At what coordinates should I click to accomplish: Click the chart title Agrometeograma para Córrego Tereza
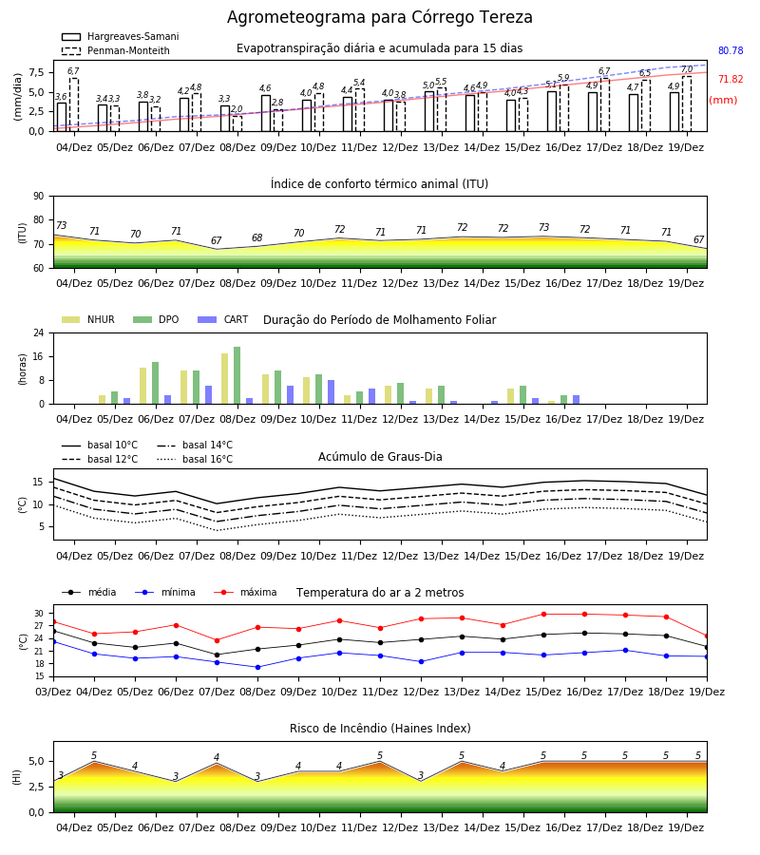point(379,17)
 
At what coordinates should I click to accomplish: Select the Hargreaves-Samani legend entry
point(120,36)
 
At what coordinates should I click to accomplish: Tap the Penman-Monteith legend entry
point(116,50)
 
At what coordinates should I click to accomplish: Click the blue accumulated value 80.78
point(731,50)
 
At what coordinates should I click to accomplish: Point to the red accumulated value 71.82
point(731,79)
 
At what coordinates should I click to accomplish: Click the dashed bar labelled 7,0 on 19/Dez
point(687,104)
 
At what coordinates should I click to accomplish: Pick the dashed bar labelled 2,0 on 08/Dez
point(237,123)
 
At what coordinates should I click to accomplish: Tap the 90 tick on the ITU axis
point(39,197)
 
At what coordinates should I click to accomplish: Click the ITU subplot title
point(379,183)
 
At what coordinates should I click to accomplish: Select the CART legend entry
point(223,319)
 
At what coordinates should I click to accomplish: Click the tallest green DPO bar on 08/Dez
point(237,375)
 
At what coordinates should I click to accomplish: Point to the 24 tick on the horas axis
point(39,332)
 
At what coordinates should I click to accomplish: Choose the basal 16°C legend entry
point(195,459)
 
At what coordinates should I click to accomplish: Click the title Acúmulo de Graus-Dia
point(380,456)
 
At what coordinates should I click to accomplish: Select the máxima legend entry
point(245,592)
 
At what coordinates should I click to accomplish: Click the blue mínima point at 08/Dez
point(257,668)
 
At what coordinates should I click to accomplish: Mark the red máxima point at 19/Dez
point(707,636)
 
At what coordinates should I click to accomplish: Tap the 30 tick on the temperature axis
point(39,614)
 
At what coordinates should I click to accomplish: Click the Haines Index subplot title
point(380,729)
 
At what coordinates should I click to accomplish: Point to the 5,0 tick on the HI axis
point(36,761)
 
